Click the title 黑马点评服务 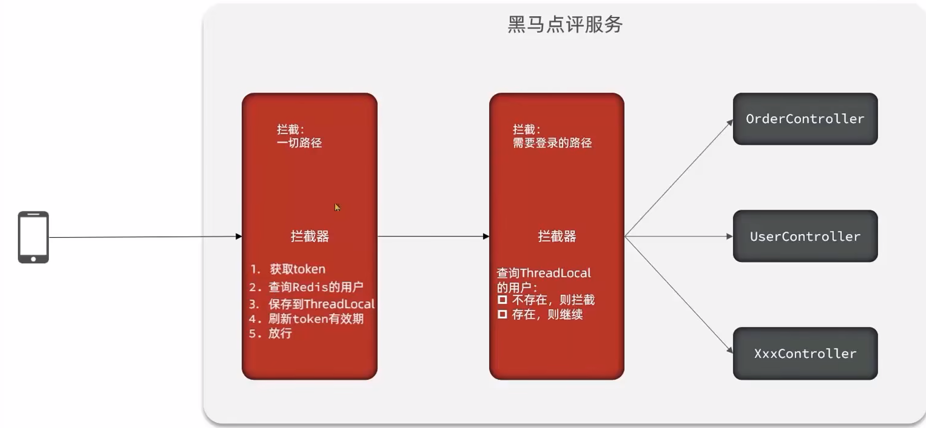click(x=564, y=24)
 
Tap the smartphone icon click(x=33, y=237)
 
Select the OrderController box click(x=805, y=119)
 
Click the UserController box click(x=805, y=236)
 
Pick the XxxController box click(x=805, y=354)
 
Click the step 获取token click(x=297, y=269)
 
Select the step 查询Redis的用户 click(x=315, y=287)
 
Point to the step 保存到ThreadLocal click(x=321, y=304)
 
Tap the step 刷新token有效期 click(x=315, y=319)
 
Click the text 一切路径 click(x=299, y=143)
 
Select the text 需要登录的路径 click(x=552, y=143)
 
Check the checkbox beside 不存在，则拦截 click(x=502, y=300)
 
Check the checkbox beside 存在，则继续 click(x=502, y=314)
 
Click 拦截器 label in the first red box click(x=310, y=236)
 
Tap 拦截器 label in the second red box click(x=557, y=236)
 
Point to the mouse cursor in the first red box click(x=337, y=207)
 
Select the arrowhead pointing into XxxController click(x=730, y=350)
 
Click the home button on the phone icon click(x=33, y=259)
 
